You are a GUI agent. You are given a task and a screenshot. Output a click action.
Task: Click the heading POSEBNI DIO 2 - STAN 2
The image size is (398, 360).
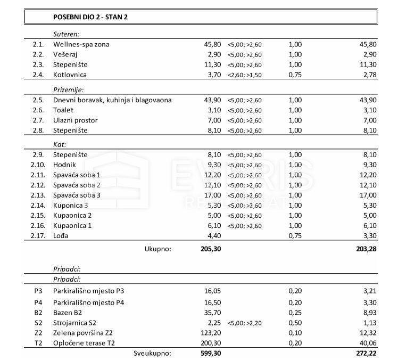tap(90, 17)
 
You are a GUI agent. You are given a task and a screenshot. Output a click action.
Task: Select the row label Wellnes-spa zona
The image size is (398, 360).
tap(81, 44)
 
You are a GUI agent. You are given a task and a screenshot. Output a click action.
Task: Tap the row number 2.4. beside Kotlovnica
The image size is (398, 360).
tap(38, 75)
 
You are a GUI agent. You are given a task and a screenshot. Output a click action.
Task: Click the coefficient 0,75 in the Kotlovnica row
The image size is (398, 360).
tap(295, 75)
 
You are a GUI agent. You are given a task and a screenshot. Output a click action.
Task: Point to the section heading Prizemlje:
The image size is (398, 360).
tap(69, 89)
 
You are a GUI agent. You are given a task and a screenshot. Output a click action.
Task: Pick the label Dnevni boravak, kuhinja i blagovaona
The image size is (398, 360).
tap(112, 100)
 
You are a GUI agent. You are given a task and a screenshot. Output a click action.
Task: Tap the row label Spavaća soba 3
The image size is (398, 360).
tap(77, 195)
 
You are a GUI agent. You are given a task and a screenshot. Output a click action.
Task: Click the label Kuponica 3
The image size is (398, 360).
tap(71, 206)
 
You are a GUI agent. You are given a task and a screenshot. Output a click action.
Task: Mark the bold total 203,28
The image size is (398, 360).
tap(365, 248)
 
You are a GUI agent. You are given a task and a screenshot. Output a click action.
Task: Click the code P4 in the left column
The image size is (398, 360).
tap(37, 302)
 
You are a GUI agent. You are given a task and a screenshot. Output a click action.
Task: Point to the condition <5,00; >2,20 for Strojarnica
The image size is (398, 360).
tap(245, 323)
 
